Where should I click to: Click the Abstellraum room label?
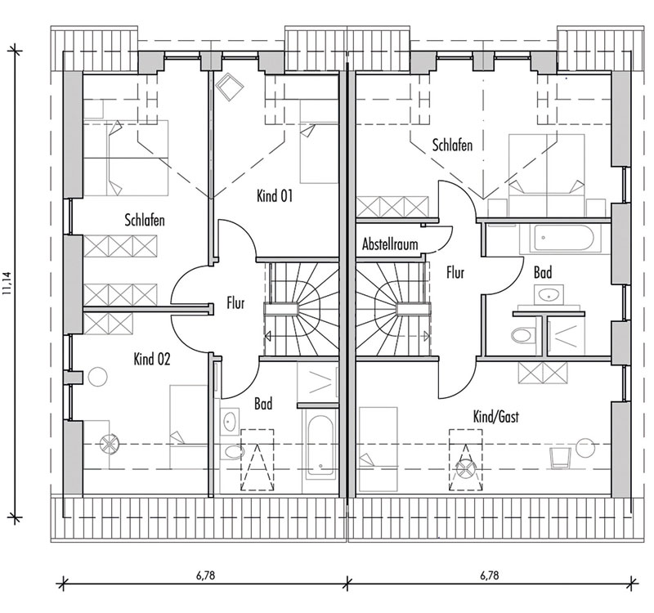point(390,244)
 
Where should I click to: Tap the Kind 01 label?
point(275,195)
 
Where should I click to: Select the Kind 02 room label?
point(152,359)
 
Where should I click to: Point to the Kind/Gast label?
point(496,416)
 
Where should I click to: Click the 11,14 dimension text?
point(7,284)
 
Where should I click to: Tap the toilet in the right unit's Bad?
point(522,334)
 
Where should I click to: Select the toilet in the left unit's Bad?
point(231,452)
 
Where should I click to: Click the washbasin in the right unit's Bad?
point(549,294)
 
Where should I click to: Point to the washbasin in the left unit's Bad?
point(230,421)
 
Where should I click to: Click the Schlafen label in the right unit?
point(452,145)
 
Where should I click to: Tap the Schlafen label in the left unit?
point(145,220)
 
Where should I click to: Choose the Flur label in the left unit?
point(235,303)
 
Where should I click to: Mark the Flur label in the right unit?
point(455,273)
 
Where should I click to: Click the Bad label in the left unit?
point(263,404)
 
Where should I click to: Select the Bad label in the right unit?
point(543,273)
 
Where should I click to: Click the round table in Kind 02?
point(97,377)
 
